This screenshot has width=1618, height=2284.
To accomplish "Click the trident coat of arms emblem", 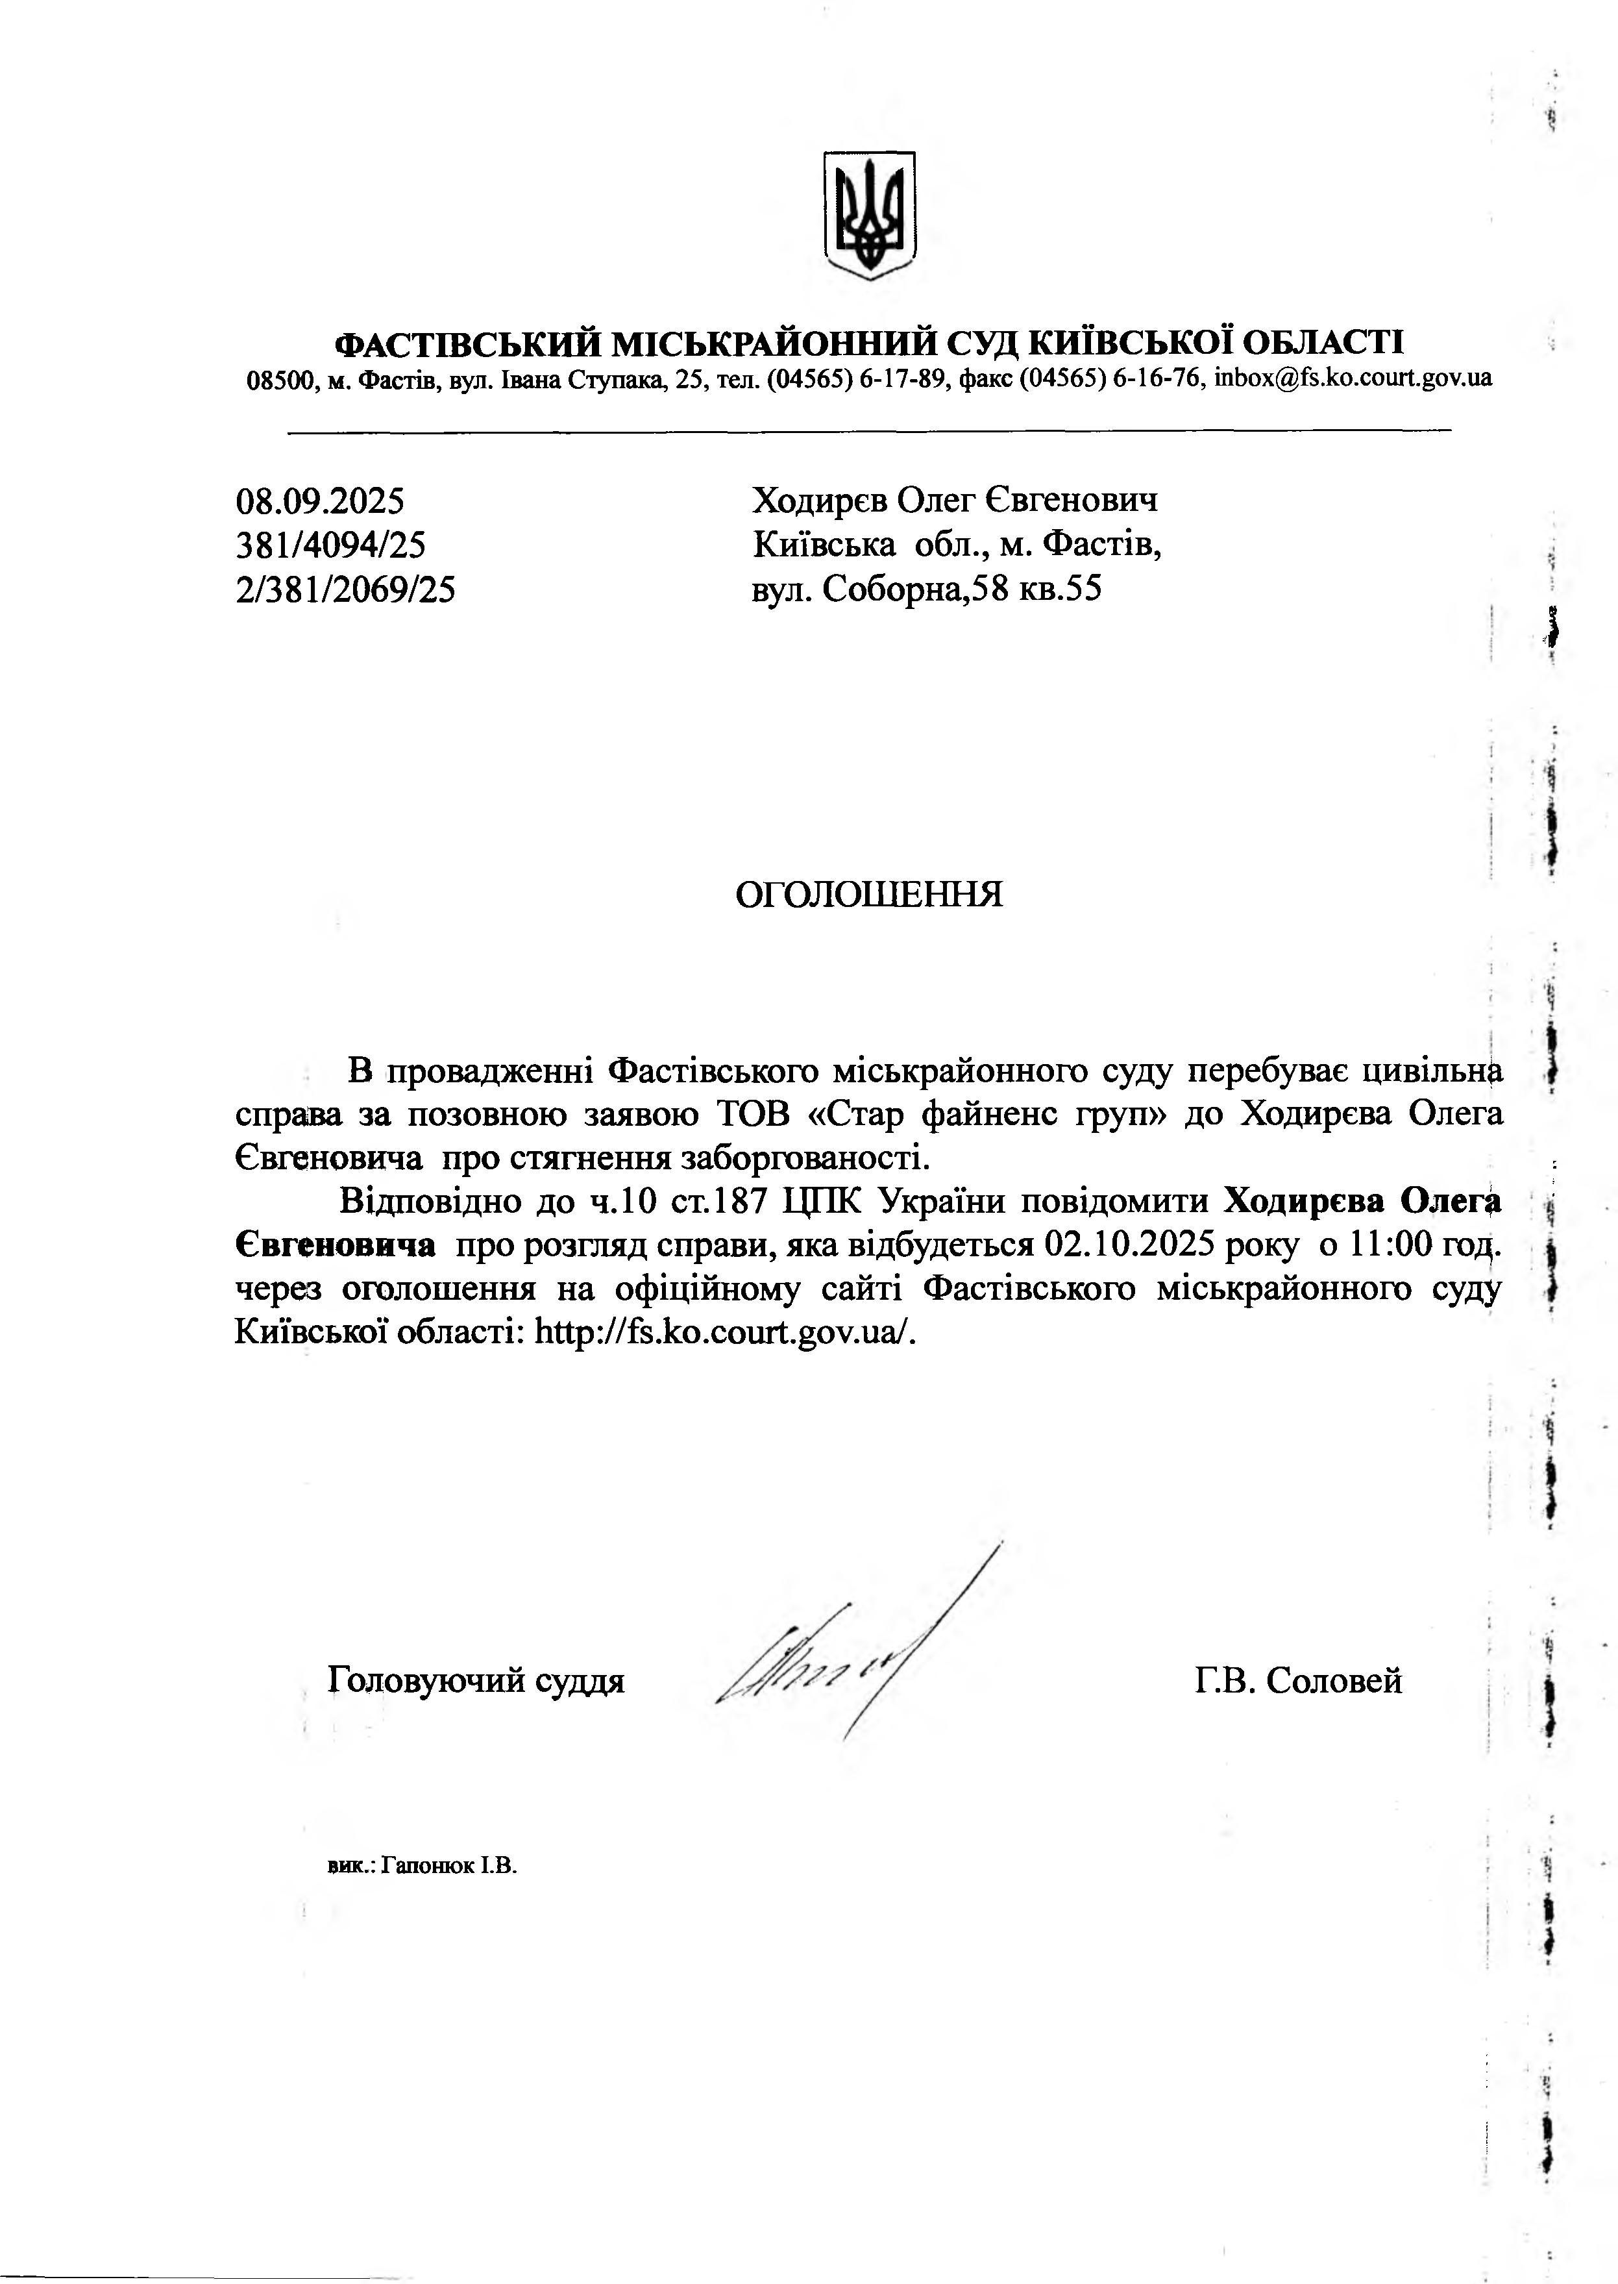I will pyautogui.click(x=869, y=216).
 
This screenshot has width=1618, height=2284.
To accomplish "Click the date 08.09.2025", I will pyautogui.click(x=320, y=499).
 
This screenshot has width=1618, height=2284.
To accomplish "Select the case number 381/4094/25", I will pyautogui.click(x=331, y=545).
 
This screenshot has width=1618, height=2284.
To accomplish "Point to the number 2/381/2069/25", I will pyautogui.click(x=346, y=590).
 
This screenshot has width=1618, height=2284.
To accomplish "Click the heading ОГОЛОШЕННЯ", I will pyautogui.click(x=869, y=895).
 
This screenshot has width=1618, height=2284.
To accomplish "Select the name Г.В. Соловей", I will pyautogui.click(x=1298, y=1681).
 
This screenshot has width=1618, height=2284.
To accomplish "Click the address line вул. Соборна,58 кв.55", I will pyautogui.click(x=927, y=590).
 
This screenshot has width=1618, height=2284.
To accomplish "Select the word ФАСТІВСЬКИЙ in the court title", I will pyautogui.click(x=466, y=345).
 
